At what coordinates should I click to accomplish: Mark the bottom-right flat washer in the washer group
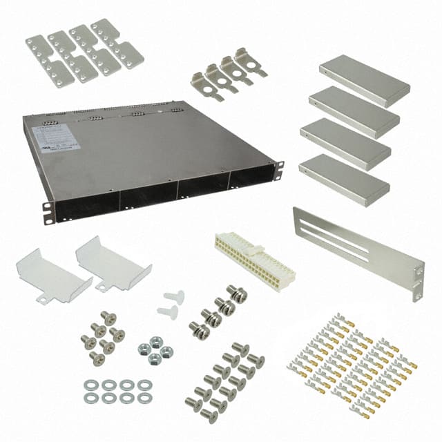pyautogui.click(x=144, y=398)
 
